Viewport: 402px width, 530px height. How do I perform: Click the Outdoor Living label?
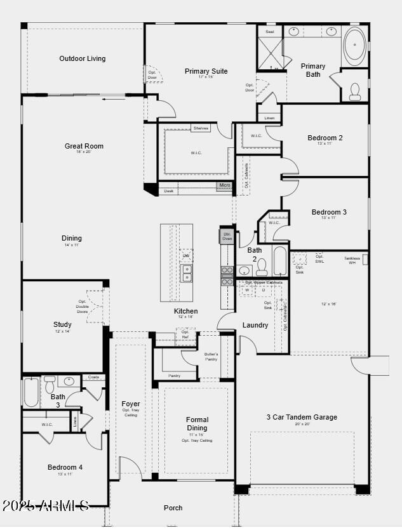tap(83, 59)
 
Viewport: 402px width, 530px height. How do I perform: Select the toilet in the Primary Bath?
tap(354, 94)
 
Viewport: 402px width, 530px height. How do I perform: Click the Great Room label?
tap(84, 147)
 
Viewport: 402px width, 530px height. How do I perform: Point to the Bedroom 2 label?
tap(325, 138)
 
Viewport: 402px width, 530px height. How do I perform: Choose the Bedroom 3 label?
tap(328, 212)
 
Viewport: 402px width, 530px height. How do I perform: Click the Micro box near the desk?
tap(224, 186)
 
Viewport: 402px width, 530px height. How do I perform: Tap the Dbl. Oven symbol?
tap(227, 236)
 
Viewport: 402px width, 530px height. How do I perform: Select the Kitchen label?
tap(185, 311)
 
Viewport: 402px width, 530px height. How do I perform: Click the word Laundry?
tap(255, 326)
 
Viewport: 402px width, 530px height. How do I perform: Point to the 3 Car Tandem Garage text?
tap(301, 417)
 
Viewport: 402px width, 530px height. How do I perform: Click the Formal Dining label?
tap(197, 423)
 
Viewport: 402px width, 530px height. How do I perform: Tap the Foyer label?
tap(131, 404)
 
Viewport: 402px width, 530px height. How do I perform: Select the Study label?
tap(62, 324)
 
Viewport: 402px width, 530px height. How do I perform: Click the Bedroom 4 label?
tap(65, 468)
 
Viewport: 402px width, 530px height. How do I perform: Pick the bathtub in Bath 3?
tap(31, 392)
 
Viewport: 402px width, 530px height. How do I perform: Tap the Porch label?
tap(173, 508)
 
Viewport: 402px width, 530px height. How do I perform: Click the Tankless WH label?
tap(352, 259)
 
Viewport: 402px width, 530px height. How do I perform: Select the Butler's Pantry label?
tap(211, 357)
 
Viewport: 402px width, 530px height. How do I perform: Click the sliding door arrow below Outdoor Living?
tap(114, 98)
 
